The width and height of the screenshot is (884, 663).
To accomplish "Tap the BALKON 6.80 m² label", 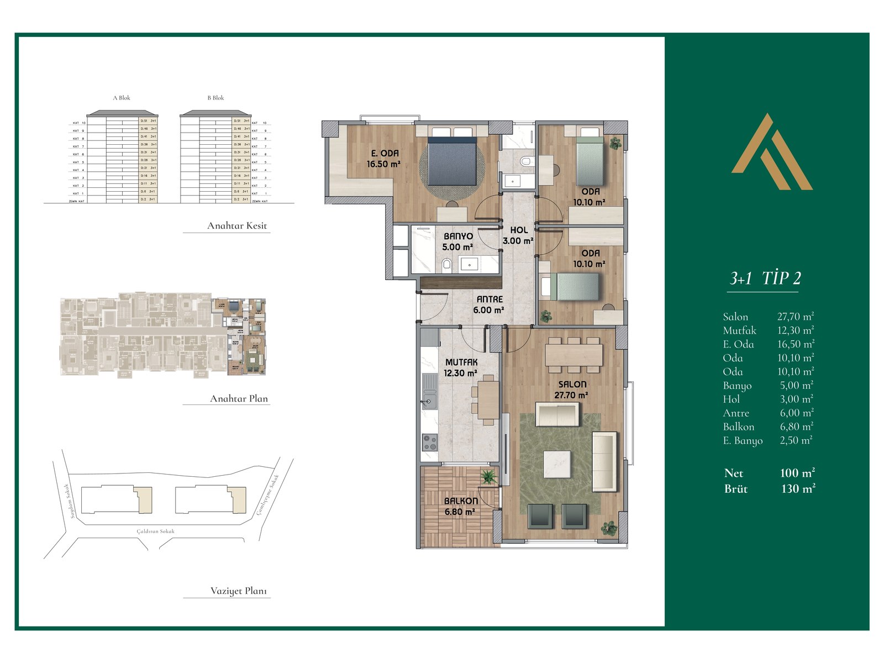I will (461, 506).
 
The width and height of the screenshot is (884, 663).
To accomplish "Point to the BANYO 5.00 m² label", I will (458, 241).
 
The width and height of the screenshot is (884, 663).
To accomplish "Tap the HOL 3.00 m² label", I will (518, 235).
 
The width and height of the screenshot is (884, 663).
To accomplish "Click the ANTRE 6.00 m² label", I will (489, 304).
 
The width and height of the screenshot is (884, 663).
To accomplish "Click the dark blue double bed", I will (452, 161).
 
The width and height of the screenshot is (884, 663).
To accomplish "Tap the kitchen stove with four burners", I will (429, 442).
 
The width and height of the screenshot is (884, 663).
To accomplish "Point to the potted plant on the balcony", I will (488, 477).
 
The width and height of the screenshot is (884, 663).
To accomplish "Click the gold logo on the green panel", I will (772, 152).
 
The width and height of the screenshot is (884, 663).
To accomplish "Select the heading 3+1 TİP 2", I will (765, 278).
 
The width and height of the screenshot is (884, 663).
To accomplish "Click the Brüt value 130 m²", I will (798, 488).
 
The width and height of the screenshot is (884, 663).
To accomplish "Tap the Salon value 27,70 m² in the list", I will (795, 317).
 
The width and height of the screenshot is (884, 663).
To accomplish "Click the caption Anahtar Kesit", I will (236, 225).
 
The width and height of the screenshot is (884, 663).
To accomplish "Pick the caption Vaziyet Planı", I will (239, 591).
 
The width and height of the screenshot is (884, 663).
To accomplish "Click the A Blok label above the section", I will (122, 98).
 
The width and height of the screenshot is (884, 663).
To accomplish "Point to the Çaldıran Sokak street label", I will (155, 531).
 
